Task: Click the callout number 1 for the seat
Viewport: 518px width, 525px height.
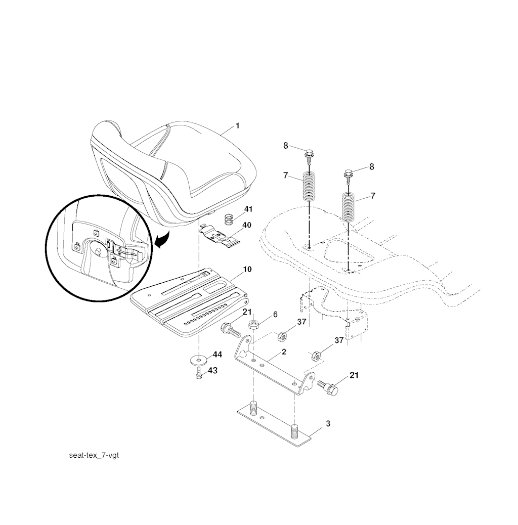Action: click(x=237, y=126)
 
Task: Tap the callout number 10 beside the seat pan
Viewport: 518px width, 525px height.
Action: click(x=247, y=269)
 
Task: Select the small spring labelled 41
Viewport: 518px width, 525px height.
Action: click(x=228, y=221)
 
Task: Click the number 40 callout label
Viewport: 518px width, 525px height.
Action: click(x=247, y=225)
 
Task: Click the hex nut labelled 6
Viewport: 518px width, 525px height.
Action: click(x=253, y=324)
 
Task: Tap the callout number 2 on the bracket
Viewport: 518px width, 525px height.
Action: click(x=284, y=352)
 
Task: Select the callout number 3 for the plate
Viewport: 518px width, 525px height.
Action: click(x=328, y=423)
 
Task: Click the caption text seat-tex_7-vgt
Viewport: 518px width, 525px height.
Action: click(x=94, y=455)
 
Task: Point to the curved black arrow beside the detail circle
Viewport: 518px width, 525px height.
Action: click(x=162, y=241)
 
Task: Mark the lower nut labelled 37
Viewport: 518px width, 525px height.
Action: click(x=316, y=356)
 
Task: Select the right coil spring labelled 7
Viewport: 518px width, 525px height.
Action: click(x=349, y=206)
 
